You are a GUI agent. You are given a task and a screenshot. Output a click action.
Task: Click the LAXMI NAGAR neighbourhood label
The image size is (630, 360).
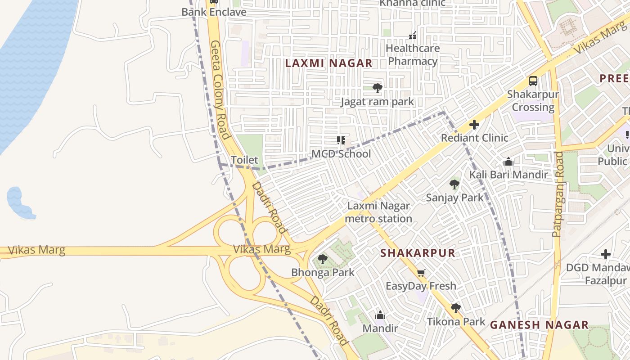[328, 63]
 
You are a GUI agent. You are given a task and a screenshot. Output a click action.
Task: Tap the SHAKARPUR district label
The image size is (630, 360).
[418, 253]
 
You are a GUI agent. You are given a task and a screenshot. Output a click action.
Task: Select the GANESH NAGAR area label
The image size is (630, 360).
[539, 325]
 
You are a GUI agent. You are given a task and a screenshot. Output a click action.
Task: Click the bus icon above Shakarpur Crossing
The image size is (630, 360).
[533, 81]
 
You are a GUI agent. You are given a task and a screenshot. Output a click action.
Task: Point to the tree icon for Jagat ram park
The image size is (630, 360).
[377, 88]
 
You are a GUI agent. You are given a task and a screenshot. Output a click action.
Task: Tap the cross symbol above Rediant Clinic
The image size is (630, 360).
[474, 125]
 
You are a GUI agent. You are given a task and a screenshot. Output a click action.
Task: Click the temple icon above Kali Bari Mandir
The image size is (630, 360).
[508, 162]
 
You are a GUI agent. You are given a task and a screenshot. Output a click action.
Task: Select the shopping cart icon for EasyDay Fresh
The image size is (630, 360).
[421, 273]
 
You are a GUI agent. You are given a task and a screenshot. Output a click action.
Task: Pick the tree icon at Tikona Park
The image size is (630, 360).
[455, 308]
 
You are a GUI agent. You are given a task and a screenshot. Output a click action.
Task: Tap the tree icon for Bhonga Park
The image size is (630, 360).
[322, 259]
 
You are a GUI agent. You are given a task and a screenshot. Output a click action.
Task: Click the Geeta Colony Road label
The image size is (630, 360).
[220, 90]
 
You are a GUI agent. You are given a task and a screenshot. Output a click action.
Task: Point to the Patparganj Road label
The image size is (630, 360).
[557, 194]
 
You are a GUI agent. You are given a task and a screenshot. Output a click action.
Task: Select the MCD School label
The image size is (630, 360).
[341, 154]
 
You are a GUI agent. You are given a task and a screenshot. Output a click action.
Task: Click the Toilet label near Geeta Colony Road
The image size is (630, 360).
[244, 160]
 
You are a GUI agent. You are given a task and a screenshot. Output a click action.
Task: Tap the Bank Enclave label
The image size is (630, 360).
[214, 12]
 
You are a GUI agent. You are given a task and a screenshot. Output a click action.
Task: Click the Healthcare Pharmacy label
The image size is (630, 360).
[413, 54]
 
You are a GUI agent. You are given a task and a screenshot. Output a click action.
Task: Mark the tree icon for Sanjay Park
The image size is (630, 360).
[454, 184]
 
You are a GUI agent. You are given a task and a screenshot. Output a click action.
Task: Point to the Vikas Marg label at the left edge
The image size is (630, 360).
[36, 250]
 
